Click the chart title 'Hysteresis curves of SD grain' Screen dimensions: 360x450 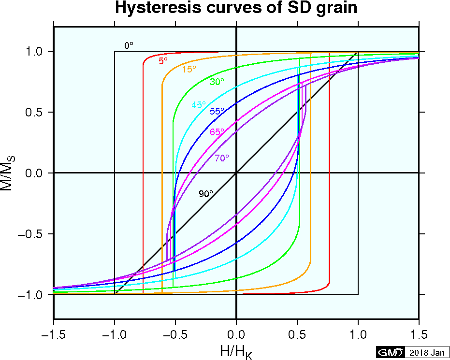235,9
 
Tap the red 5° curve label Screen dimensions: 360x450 163,61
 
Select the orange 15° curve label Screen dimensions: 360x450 189,69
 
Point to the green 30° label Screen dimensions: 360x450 217,82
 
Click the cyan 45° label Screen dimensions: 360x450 199,105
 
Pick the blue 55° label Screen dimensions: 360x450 217,111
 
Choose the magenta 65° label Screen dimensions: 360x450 217,132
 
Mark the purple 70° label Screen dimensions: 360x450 222,158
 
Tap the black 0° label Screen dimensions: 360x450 129,45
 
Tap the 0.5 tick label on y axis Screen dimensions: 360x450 35,112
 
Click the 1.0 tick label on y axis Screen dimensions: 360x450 35,51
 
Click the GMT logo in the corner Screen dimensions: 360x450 390,352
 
